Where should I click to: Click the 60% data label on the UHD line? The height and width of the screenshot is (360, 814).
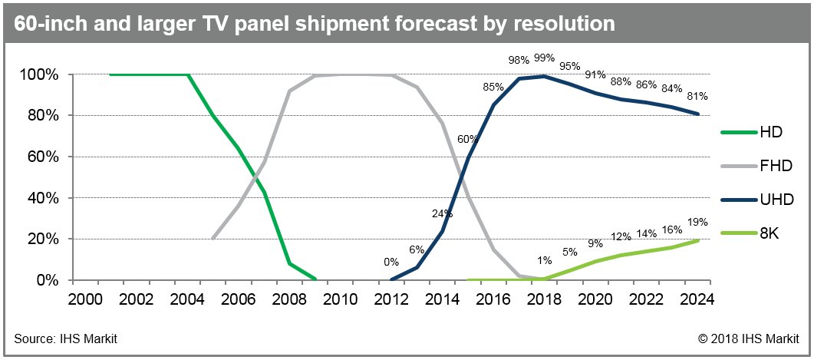coord(468,139)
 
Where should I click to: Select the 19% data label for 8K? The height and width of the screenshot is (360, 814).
coord(697,221)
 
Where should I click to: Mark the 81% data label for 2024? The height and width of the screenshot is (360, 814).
coord(697,97)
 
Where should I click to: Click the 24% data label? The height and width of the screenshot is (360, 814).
coord(440,214)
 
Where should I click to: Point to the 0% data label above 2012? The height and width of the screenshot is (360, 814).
coord(391,262)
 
